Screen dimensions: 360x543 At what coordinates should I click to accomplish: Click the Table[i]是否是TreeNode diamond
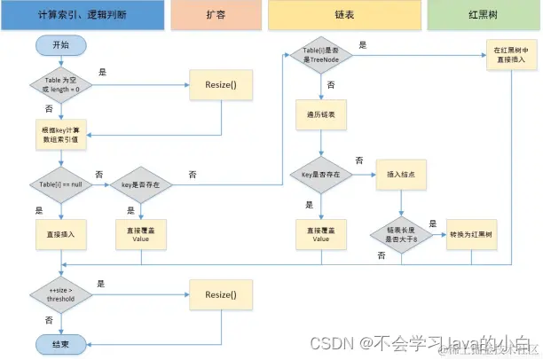tap(322, 56)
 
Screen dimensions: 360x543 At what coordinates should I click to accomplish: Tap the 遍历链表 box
tap(321, 115)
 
